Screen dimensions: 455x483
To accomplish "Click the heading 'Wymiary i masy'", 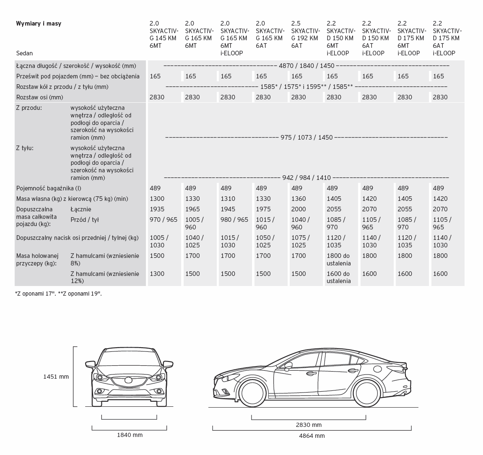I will [39, 23].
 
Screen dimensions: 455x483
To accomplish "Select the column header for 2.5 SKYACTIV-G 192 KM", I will [306, 34].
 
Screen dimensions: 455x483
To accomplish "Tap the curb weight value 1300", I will [157, 199].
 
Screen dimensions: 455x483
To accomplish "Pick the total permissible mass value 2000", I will [299, 209].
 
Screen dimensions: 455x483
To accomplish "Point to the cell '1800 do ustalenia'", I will [338, 260].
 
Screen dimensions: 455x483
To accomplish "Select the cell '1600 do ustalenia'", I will [338, 277].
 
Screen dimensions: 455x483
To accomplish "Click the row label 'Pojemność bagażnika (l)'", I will [49, 188].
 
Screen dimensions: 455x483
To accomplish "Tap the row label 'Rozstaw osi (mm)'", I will [39, 97].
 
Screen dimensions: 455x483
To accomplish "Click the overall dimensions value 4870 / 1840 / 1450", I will [306, 66].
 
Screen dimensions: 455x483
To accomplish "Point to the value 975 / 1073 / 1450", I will [306, 138].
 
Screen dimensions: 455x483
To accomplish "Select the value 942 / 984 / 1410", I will [306, 178].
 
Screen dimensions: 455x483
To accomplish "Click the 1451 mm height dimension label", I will [56, 377].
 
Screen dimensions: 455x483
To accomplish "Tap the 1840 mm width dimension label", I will [130, 435].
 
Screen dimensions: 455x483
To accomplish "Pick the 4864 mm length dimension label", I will [312, 436].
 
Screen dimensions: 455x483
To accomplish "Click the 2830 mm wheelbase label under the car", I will [309, 425].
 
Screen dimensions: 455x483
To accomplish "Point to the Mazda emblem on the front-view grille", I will [129, 381].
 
